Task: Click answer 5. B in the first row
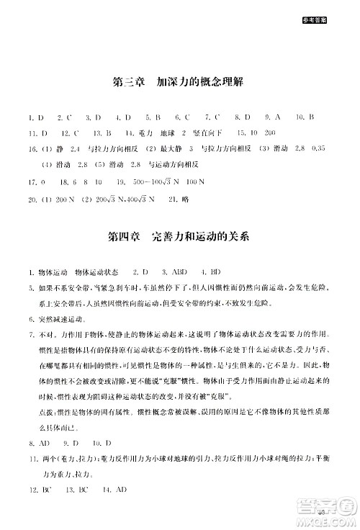tap(152, 117)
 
